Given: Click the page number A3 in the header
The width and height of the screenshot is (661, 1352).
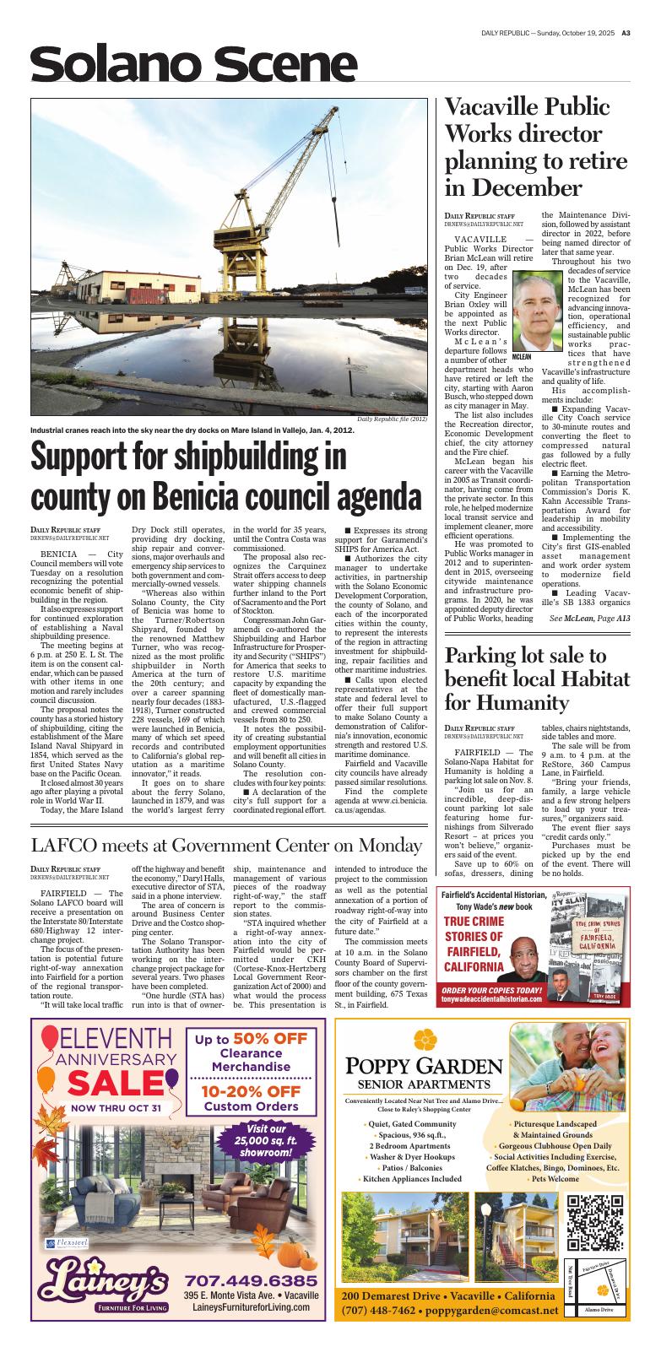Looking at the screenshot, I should click(x=626, y=34).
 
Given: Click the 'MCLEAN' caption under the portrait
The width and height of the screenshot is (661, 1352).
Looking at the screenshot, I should click(x=522, y=357).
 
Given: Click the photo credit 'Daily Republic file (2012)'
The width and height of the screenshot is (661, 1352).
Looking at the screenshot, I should click(x=392, y=419).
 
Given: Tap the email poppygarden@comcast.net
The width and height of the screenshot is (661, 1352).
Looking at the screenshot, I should click(x=492, y=1311).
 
